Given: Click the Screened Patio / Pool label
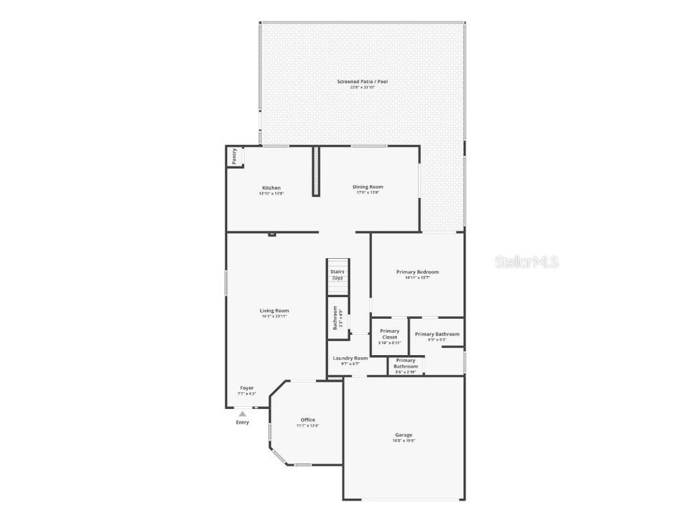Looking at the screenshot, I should click(x=362, y=82).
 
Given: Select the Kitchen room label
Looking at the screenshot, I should click(x=271, y=187).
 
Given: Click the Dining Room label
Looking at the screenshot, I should click(x=368, y=187).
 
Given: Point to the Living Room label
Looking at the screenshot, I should click(x=274, y=310).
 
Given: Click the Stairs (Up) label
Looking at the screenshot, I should click(x=337, y=274).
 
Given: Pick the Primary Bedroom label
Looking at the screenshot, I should click(x=417, y=271).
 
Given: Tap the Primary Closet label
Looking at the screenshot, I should click(x=389, y=334).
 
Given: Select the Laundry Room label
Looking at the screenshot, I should click(x=350, y=358).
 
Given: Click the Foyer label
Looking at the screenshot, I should click(x=247, y=388).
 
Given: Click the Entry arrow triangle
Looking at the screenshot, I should click(x=242, y=414).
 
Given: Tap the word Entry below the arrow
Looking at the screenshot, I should click(x=242, y=422).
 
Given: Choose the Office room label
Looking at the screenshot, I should click(x=308, y=420).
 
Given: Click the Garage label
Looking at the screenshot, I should click(x=403, y=435).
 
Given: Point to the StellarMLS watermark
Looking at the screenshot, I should click(x=527, y=262).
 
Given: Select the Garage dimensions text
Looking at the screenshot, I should click(x=403, y=441).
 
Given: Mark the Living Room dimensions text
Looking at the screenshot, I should click(x=274, y=317).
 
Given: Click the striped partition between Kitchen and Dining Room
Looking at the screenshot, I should click(x=315, y=171).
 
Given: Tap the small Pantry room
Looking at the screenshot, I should click(x=234, y=157).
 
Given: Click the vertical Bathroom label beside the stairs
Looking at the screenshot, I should click(x=336, y=318).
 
